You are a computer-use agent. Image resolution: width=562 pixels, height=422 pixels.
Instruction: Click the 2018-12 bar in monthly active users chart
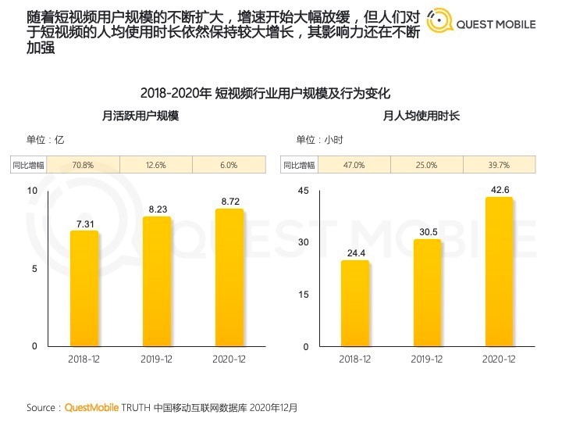[x=84, y=288]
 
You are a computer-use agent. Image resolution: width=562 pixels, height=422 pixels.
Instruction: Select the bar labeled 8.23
[x=157, y=281]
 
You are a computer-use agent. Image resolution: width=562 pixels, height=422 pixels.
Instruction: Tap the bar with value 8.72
[x=229, y=277]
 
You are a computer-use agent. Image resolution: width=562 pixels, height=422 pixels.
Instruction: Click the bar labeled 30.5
[x=428, y=293]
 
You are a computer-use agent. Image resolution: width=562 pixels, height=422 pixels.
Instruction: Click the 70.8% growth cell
[x=83, y=165]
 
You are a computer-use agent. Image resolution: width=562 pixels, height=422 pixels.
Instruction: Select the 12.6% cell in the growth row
[x=156, y=165]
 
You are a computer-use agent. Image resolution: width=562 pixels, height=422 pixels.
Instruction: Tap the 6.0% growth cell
[x=229, y=165]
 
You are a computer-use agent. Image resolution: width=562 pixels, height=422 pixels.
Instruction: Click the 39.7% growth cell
[x=499, y=165]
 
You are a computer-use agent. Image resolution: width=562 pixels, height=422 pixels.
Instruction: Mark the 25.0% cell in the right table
[x=426, y=165]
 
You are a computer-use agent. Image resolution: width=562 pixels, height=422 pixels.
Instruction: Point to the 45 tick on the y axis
[x=304, y=191]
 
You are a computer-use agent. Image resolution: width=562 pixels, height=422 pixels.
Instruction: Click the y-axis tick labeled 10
[x=32, y=191]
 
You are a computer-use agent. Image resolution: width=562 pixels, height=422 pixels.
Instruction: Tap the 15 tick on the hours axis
[x=304, y=295]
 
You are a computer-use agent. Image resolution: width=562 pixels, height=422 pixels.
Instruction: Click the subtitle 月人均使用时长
[x=421, y=116]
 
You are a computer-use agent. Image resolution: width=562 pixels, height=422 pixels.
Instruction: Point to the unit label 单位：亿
[x=45, y=140]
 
